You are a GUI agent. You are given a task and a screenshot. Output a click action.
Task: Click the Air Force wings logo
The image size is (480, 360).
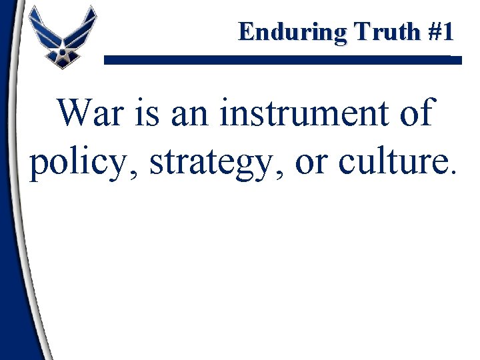[62, 37]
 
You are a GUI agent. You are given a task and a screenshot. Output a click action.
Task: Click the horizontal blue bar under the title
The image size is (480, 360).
[283, 60]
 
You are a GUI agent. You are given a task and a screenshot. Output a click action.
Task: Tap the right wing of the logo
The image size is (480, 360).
[83, 27]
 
